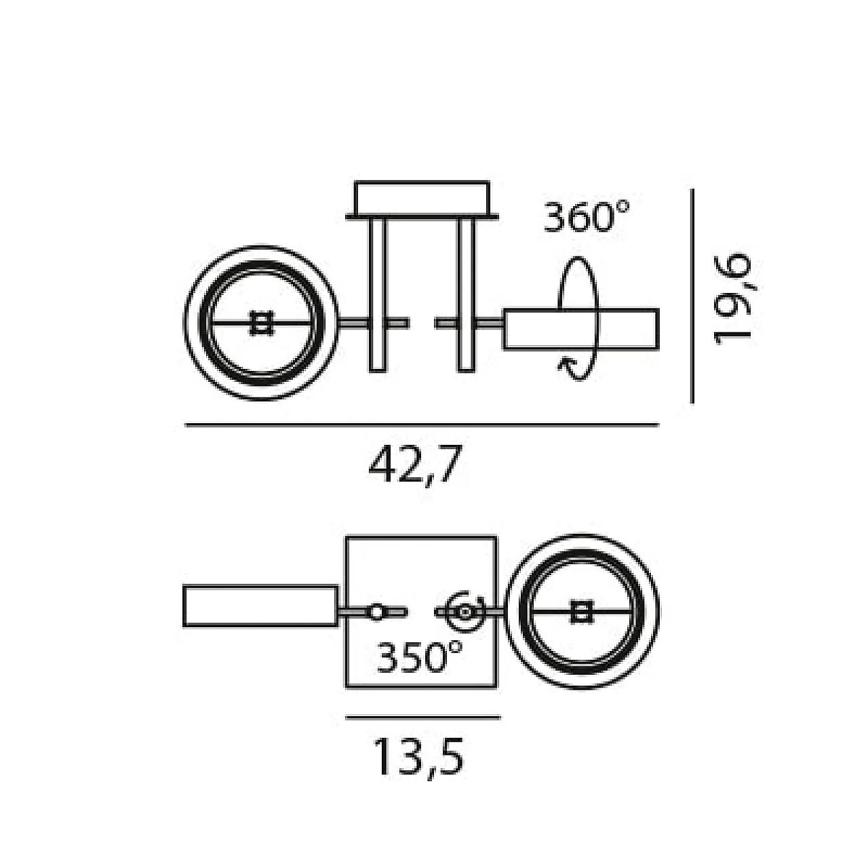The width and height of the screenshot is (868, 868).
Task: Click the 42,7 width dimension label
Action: [415, 465]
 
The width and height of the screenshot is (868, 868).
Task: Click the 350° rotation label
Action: [419, 657]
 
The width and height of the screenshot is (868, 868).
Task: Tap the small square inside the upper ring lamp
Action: [261, 323]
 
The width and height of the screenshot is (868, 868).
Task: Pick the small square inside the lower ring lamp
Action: [582, 612]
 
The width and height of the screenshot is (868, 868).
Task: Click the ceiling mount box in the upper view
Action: [422, 199]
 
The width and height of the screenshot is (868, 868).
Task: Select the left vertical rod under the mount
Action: [378, 295]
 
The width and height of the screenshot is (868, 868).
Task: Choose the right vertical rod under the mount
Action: [466, 295]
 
